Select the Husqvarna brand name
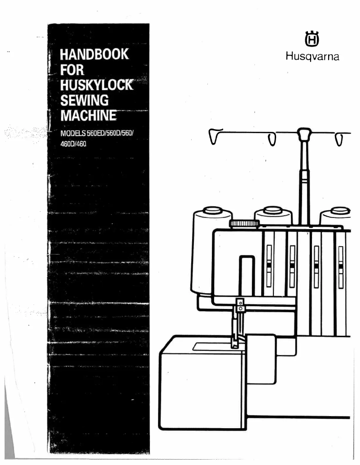[x=312, y=57]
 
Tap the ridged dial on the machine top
[x=244, y=223]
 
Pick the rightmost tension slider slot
[x=340, y=267]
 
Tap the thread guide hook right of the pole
[x=340, y=139]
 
